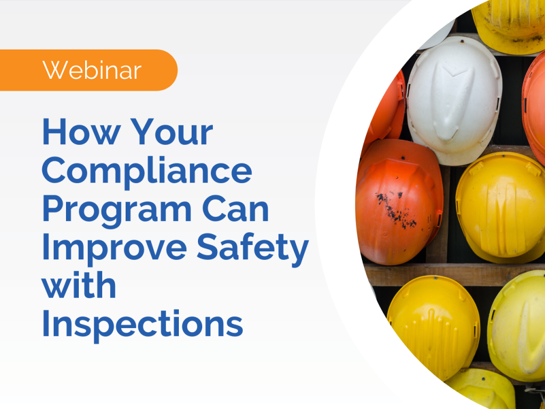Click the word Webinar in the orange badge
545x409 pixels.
tap(92, 70)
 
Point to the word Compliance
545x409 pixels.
tap(147, 170)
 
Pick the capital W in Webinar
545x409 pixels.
tap(54, 70)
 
